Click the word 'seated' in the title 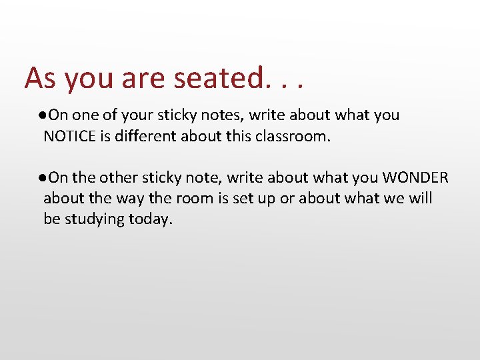(x=219, y=78)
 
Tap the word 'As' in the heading (x=39, y=78)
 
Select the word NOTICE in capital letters (x=70, y=137)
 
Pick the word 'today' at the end (x=151, y=219)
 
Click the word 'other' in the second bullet (x=117, y=177)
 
